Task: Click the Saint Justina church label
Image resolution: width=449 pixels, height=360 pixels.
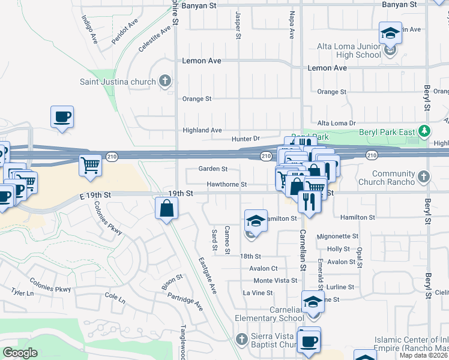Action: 118,81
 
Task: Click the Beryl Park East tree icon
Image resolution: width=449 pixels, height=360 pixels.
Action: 425,130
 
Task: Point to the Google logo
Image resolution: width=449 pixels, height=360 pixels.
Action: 19,353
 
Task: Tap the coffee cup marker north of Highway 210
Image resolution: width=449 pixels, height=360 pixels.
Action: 62,116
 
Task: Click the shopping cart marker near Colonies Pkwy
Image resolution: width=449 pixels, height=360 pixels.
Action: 90,164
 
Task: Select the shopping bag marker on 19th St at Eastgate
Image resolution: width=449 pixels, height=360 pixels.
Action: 167,209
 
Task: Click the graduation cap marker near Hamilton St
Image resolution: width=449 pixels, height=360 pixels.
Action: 256,221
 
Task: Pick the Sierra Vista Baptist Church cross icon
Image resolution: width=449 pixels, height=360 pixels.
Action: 241,340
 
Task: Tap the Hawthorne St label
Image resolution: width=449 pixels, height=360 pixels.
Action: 227,184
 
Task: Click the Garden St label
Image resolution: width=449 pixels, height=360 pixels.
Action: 213,169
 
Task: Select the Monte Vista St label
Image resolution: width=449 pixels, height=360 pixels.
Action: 276,280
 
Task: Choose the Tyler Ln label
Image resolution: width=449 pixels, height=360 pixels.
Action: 22,292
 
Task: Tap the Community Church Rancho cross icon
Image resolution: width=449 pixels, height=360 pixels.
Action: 424,176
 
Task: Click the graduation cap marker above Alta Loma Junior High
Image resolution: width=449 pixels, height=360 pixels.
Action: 390,32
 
